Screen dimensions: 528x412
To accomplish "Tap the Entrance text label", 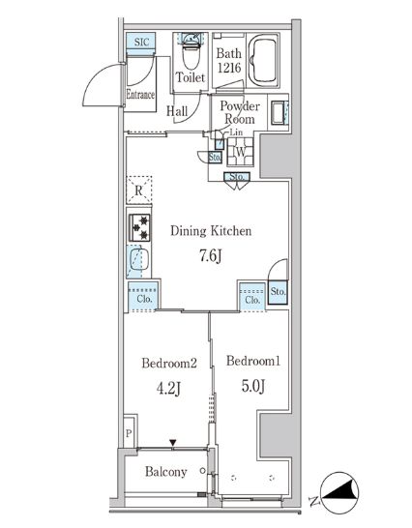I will point(141,95).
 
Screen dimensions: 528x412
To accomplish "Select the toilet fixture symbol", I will point(191,44).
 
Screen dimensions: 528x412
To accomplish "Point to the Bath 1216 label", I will point(229,60).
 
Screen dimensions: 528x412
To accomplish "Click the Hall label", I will point(177,111).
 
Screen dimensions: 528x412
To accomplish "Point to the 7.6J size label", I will point(211,256).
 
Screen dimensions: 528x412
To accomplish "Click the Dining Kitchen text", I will point(211,231).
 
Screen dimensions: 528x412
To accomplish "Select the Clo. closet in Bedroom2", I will point(141,298).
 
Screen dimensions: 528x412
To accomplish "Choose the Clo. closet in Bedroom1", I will point(252,298).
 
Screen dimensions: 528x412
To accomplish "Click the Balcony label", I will point(165,473).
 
